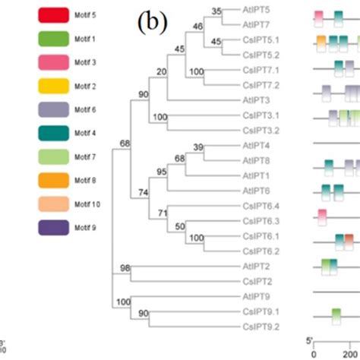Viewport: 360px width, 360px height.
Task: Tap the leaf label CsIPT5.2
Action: pyautogui.click(x=260, y=55)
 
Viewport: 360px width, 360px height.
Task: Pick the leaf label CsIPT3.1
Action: pyautogui.click(x=260, y=115)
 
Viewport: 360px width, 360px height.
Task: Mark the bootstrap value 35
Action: pyautogui.click(x=216, y=11)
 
